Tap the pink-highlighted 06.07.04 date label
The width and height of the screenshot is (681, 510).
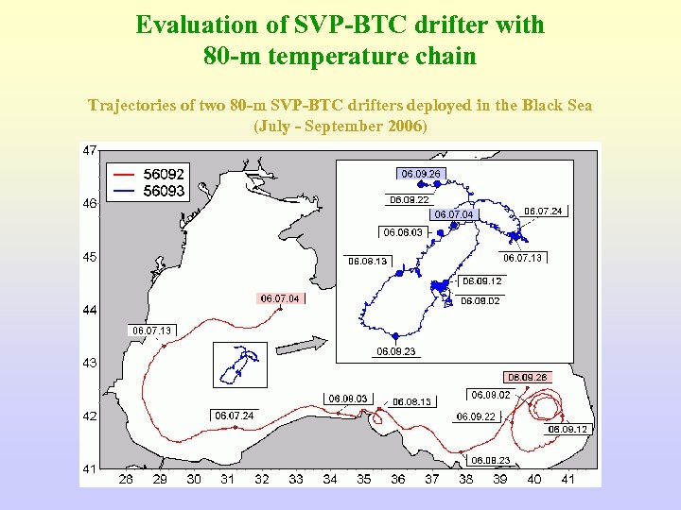[281, 298]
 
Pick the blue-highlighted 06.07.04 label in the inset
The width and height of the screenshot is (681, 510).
[453, 215]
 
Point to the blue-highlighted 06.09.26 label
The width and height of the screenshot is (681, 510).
[421, 174]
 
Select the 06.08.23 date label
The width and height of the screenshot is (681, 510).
[492, 460]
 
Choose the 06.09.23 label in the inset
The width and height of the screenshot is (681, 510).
[396, 351]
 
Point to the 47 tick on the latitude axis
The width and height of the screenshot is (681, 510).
[91, 150]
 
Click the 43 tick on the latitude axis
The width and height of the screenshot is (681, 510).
[91, 363]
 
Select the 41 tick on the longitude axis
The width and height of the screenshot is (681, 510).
[568, 480]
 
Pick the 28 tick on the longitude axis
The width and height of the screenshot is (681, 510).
[126, 480]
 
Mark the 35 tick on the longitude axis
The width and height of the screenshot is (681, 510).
[364, 480]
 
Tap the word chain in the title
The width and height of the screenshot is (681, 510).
[445, 57]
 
